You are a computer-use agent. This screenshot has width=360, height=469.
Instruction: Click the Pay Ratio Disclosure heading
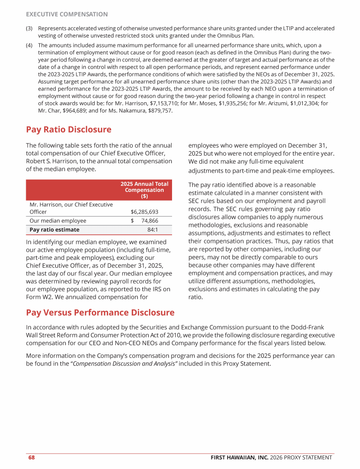coord(68,129)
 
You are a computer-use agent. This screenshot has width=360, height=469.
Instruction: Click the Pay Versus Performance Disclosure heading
coord(100,312)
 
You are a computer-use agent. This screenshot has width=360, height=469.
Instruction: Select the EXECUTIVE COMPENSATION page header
coord(67,15)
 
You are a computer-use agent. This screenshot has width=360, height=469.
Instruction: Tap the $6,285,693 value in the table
coord(144,212)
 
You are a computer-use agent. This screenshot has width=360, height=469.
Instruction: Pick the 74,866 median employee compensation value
coord(150,221)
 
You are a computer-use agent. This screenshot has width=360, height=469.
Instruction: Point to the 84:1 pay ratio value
coord(152,230)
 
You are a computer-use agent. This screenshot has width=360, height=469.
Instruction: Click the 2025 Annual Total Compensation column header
coord(144,190)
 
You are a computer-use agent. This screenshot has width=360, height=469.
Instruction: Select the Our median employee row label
coord(58,221)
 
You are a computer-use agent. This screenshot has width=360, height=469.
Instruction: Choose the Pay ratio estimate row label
coord(54,230)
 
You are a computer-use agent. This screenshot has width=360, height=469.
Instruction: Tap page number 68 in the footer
coord(31,457)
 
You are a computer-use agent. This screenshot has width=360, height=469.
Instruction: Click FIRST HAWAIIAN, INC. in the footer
coord(238,457)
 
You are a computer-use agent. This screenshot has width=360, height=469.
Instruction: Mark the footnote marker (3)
coord(29,28)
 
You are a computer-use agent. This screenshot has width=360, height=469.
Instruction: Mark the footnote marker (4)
coord(29,45)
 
